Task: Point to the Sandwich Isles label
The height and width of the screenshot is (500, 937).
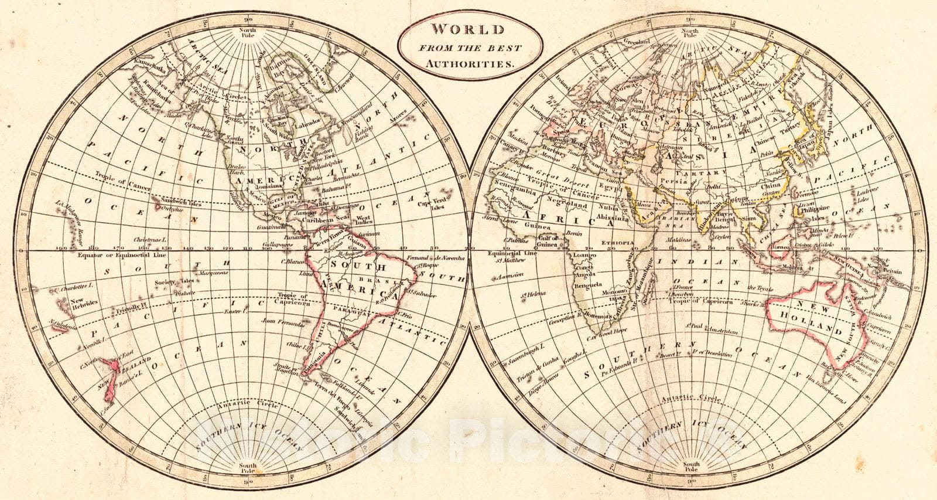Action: tap(179, 205)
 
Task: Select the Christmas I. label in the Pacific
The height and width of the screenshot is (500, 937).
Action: tap(151, 240)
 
